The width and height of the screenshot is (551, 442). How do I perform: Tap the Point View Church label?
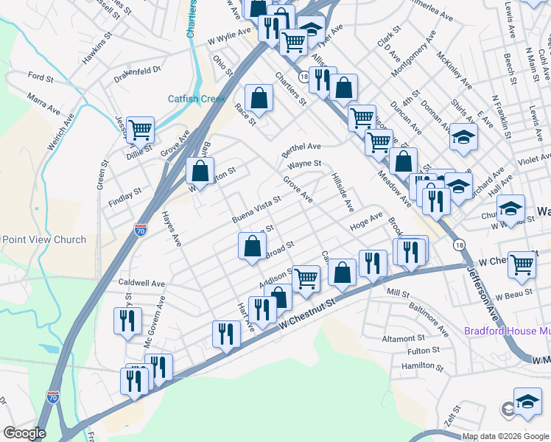(43, 239)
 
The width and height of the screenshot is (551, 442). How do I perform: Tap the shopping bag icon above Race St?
(259, 97)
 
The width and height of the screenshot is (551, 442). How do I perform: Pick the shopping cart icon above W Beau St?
(522, 263)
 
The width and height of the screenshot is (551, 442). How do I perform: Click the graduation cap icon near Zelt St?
(527, 401)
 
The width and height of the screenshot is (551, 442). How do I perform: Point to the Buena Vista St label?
(256, 209)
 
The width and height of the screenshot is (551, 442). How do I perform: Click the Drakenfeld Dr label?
(137, 74)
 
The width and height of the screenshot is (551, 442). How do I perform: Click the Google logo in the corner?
(24, 434)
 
